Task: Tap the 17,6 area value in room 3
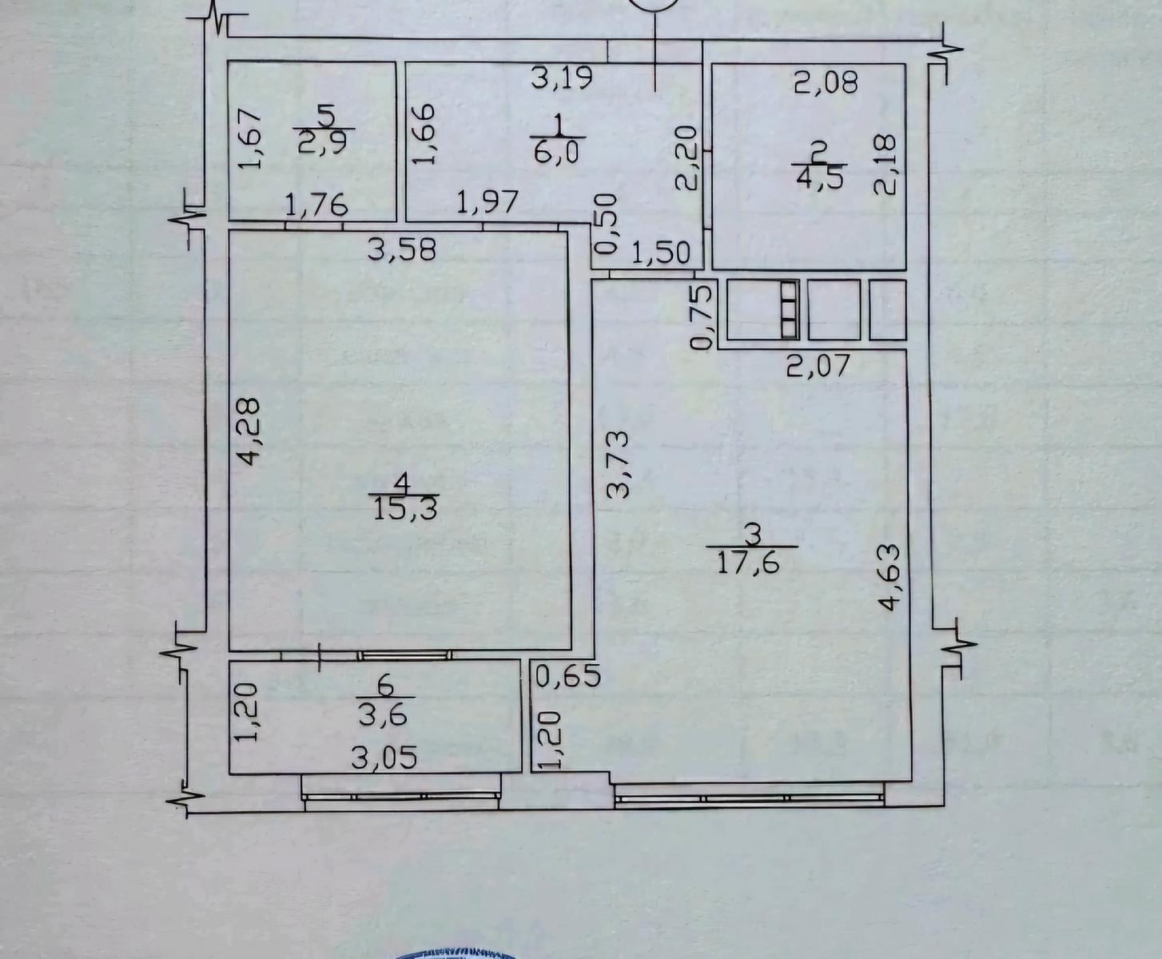pos(749,563)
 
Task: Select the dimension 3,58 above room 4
pos(402,250)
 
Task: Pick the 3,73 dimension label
pos(619,464)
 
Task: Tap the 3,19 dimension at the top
pos(562,78)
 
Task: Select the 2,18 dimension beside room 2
pos(885,164)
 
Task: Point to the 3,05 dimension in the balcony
pos(384,758)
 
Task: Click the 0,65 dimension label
pos(569,677)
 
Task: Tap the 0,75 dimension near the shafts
pos(702,316)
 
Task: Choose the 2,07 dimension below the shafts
pos(818,366)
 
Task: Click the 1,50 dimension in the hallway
pos(662,253)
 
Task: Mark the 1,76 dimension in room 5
pos(316,205)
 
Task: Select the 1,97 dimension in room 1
pos(487,202)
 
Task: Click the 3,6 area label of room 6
pos(383,715)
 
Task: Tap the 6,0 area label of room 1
pos(556,152)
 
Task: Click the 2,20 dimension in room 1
pos(686,158)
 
